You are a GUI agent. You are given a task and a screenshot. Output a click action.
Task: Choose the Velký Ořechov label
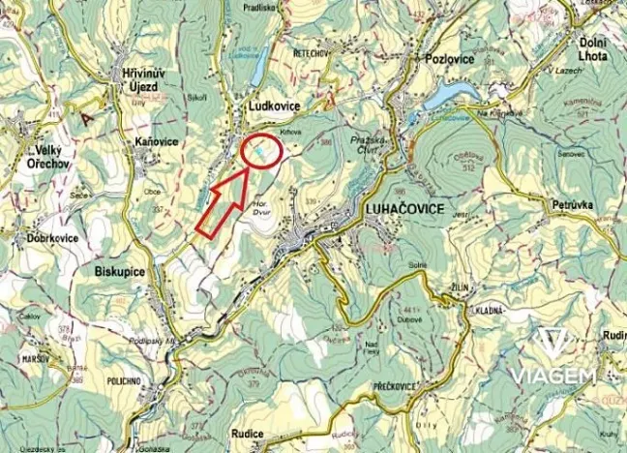(50, 157)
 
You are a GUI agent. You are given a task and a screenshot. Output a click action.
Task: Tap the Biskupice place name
(121, 272)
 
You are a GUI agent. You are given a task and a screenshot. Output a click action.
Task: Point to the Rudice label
(250, 434)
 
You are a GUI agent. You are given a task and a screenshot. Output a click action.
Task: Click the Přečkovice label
(394, 385)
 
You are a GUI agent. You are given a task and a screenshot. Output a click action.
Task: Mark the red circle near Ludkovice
(261, 152)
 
